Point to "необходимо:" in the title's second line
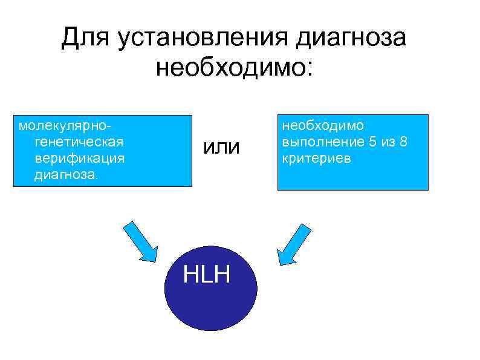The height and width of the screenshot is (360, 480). point(235,68)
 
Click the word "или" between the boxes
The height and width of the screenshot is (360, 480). point(221,147)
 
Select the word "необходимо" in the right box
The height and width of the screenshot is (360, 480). point(323,126)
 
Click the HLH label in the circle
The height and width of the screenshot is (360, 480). point(207,275)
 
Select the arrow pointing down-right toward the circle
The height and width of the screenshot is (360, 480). point(140,240)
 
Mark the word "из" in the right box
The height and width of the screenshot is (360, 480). point(389,142)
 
